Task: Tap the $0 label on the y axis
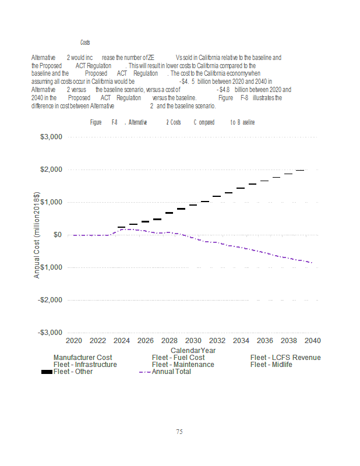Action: coord(58,235)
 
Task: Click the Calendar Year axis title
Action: coord(193,350)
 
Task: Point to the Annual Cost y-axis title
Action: coord(37,235)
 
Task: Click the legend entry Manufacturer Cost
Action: coord(83,357)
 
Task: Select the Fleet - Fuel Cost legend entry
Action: coord(178,357)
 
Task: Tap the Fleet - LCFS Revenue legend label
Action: coord(285,357)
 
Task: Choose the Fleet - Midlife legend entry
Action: coord(271,365)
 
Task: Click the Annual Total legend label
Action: coord(171,372)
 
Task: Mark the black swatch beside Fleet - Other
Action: coord(47,372)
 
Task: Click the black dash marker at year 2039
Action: coord(300,170)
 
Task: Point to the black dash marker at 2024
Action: coord(121,227)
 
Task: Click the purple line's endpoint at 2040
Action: coord(312,263)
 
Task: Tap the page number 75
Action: coord(179,432)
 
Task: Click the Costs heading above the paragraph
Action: coord(85,43)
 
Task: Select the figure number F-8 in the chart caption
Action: coord(115,122)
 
